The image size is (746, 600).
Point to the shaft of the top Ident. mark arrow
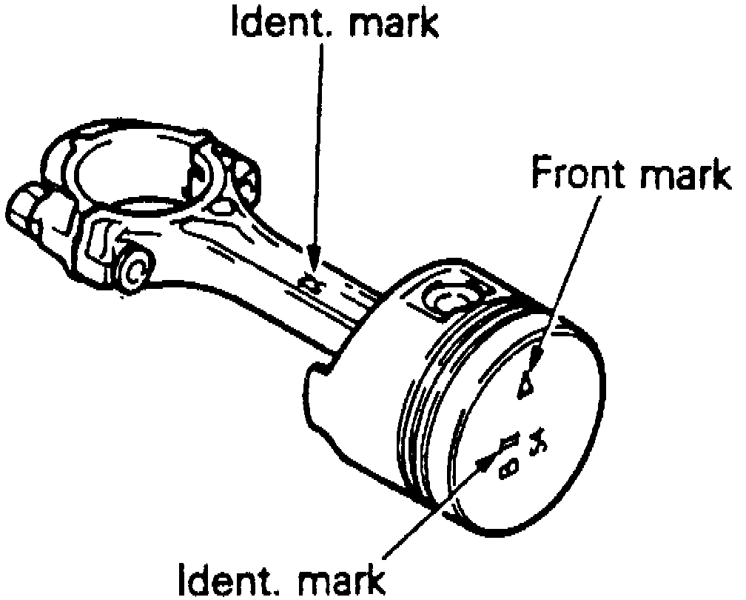tap(320, 148)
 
